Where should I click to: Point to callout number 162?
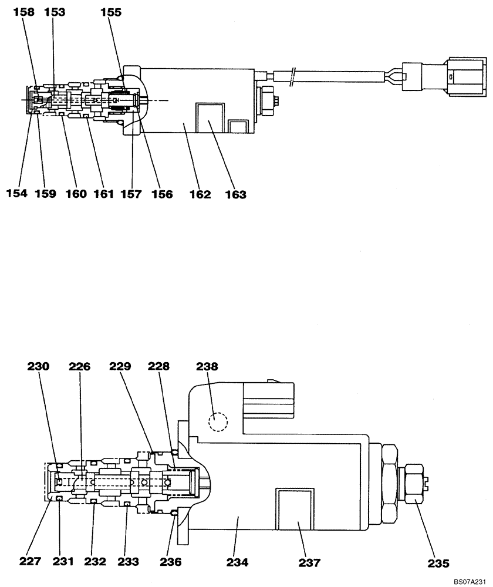pos(200,194)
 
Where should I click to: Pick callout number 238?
pos(207,367)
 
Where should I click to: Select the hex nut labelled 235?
pos(413,484)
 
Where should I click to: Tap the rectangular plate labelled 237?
pos(295,514)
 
